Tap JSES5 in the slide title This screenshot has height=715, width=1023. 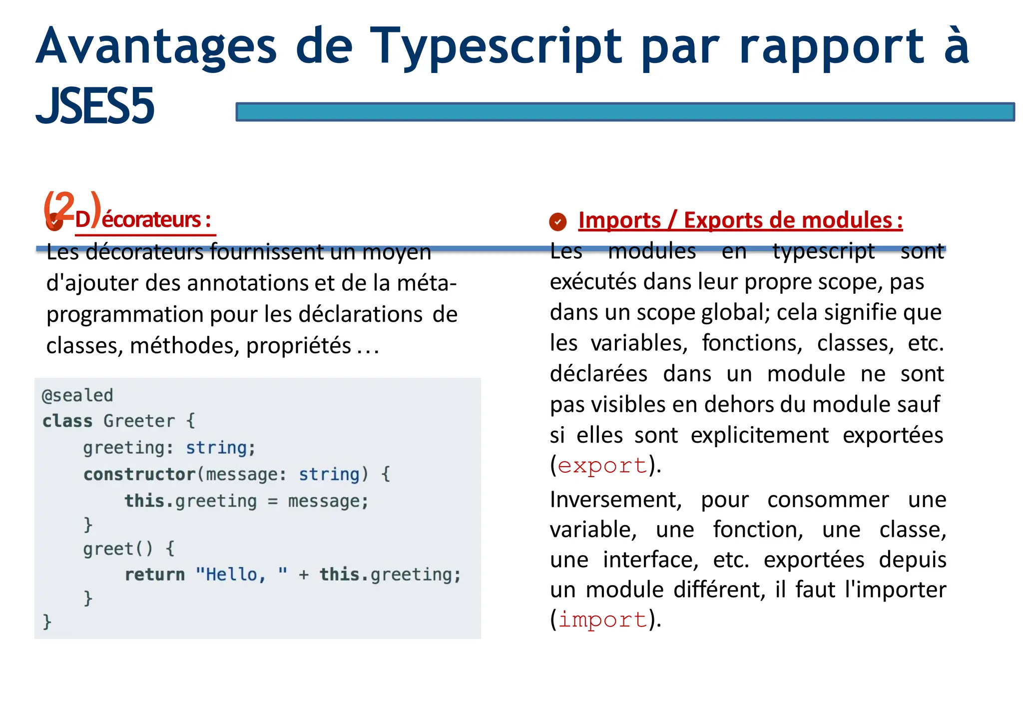pyautogui.click(x=95, y=106)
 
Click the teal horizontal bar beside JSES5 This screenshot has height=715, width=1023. pyautogui.click(x=624, y=112)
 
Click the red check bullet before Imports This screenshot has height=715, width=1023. pyautogui.click(x=557, y=222)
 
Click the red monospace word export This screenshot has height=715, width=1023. pyautogui.click(x=602, y=466)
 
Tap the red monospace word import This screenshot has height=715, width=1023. pyautogui.click(x=602, y=620)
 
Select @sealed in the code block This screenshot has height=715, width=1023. pyautogui.click(x=77, y=395)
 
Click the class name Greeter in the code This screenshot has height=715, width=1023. pyautogui.click(x=139, y=421)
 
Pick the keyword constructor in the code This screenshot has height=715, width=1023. pyautogui.click(x=139, y=474)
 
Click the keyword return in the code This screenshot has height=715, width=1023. pyautogui.click(x=155, y=575)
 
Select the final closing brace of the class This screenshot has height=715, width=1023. pyautogui.click(x=47, y=622)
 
